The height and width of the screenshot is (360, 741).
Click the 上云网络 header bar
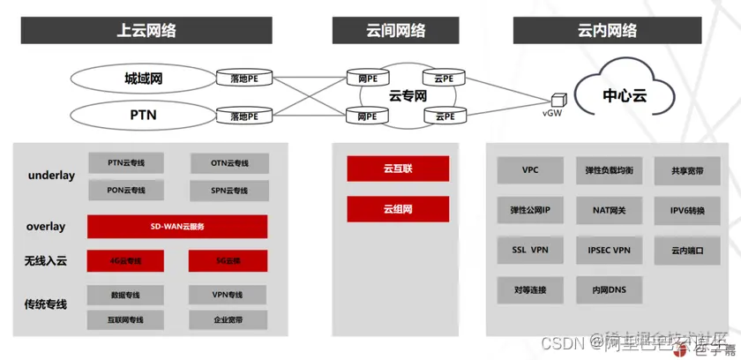pyautogui.click(x=146, y=31)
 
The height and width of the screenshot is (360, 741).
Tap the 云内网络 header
pyautogui.click(x=609, y=31)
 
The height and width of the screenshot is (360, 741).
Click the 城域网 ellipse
pyautogui.click(x=143, y=79)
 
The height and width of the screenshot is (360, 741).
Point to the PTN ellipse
pyautogui.click(x=143, y=115)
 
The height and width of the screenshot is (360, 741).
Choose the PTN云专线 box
pyautogui.click(x=126, y=163)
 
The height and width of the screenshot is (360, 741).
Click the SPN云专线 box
pyautogui.click(x=229, y=190)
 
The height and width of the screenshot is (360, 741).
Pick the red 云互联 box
pyautogui.click(x=398, y=169)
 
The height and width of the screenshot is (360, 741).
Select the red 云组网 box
pyautogui.click(x=398, y=209)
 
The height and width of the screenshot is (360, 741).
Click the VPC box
pyautogui.click(x=530, y=170)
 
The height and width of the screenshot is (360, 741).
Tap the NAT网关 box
pyautogui.click(x=608, y=211)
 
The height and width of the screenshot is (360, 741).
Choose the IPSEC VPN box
pyautogui.click(x=608, y=251)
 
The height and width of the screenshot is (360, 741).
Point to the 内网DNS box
pyautogui.click(x=608, y=290)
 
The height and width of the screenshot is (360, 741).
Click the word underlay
pyautogui.click(x=51, y=176)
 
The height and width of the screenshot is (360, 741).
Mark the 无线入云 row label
pyautogui.click(x=45, y=261)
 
